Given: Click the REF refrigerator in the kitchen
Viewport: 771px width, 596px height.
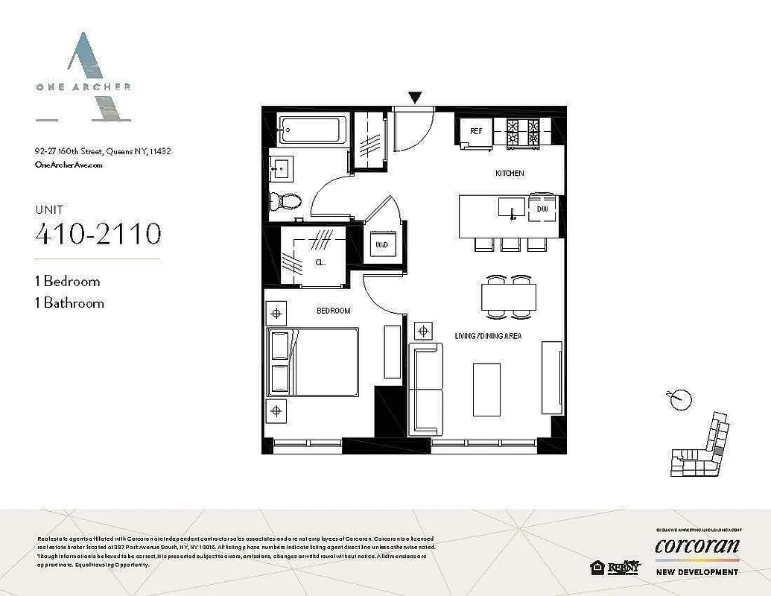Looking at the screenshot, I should (x=475, y=133).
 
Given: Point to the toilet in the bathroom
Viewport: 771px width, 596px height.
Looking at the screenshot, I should (x=287, y=200).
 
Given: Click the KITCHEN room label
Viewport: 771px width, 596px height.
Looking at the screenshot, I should (x=510, y=174).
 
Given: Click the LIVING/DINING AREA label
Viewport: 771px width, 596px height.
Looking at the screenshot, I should (x=488, y=337).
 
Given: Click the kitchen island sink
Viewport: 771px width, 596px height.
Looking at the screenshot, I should (x=513, y=207).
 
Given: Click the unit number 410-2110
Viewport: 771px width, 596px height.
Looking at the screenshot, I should (x=98, y=234).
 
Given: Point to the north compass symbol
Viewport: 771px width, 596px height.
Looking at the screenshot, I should (x=679, y=399).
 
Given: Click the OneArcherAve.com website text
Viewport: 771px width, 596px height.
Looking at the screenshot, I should (x=69, y=165).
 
